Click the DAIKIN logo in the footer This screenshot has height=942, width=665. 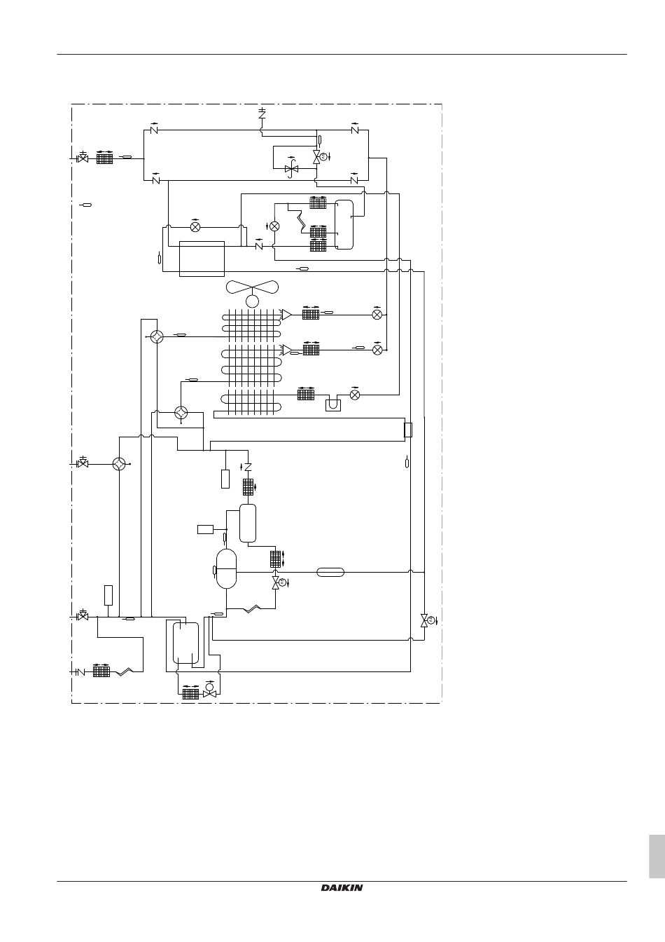tap(342, 888)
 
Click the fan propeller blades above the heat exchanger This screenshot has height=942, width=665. tap(252, 287)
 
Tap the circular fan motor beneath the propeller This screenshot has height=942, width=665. tap(252, 301)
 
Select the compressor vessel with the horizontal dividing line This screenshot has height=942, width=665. tap(226, 568)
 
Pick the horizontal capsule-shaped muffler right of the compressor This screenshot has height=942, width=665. tap(330, 572)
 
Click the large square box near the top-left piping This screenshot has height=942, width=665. tap(202, 259)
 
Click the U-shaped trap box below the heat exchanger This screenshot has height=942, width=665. tap(333, 405)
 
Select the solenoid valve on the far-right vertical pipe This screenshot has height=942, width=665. tap(424, 620)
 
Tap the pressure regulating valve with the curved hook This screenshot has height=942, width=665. tap(291, 168)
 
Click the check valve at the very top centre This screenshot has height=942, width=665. tap(262, 113)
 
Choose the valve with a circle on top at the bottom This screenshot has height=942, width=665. tap(209, 692)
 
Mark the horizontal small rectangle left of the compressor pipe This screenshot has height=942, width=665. tap(205, 529)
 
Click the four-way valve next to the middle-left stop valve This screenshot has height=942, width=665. tap(119, 464)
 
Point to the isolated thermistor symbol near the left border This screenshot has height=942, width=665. tap(86, 205)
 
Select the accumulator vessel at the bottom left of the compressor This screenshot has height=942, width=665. tap(185, 643)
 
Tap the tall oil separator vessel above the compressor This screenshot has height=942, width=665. tap(248, 524)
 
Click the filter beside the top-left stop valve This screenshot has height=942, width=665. tap(104, 158)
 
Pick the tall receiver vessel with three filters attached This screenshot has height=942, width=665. tap(344, 224)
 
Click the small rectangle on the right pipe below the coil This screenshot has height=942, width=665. tap(407, 430)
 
